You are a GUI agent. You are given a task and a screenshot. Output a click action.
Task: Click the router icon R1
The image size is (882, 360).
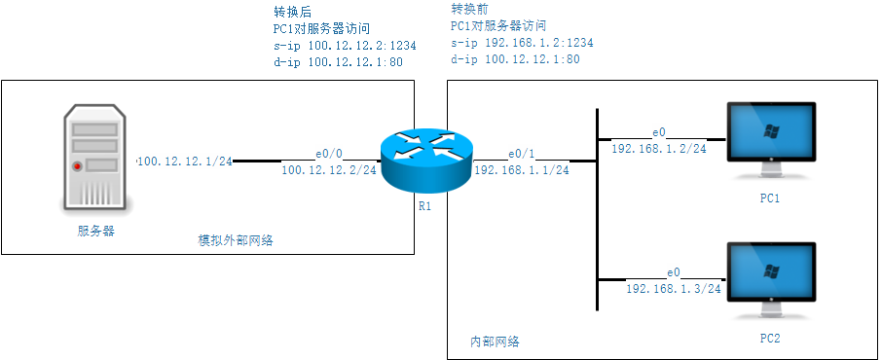click(x=425, y=158)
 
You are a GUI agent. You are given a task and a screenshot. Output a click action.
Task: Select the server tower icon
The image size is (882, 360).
click(x=95, y=158)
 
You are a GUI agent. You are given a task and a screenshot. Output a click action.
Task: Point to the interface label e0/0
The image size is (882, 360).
click(x=329, y=154)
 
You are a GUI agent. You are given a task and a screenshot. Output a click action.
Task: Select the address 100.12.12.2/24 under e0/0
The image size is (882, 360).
click(x=329, y=170)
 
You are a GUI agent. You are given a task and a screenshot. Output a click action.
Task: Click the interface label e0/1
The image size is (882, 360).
click(x=521, y=154)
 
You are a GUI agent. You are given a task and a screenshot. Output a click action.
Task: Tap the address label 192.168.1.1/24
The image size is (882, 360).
click(x=521, y=170)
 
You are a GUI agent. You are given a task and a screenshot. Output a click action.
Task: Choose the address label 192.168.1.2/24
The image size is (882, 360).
click(x=659, y=148)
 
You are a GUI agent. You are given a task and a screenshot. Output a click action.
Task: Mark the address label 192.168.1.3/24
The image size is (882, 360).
click(x=673, y=288)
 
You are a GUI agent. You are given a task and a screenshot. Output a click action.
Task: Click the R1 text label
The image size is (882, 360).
click(x=424, y=206)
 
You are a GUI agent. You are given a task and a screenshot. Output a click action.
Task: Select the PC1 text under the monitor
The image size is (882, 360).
click(x=770, y=198)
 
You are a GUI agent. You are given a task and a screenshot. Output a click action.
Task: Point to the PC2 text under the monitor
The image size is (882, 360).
click(x=770, y=339)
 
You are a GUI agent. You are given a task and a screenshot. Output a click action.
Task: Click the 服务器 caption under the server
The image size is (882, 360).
click(x=96, y=231)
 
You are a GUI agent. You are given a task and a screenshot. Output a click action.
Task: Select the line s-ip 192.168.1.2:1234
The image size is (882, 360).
click(x=522, y=43)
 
